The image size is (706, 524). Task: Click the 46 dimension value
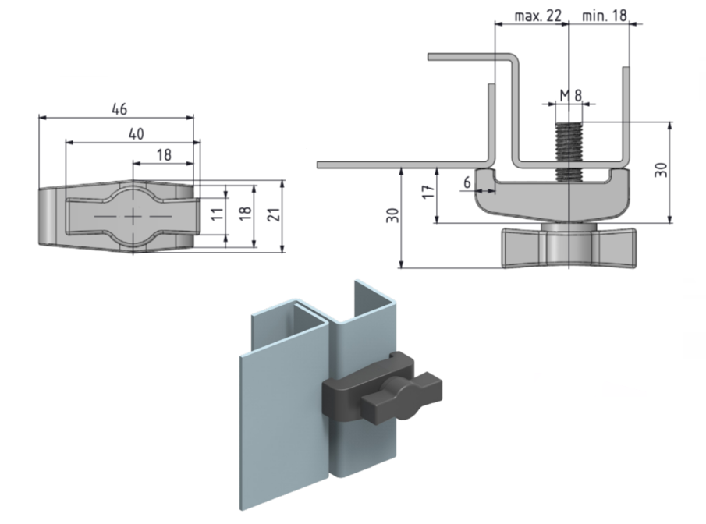(x=119, y=108)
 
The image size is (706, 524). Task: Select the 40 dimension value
(x=137, y=133)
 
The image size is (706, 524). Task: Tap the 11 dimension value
(x=216, y=211)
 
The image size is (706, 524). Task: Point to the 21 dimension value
(x=272, y=214)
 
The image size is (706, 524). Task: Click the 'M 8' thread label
(x=571, y=95)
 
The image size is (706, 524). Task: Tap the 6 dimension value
(x=467, y=182)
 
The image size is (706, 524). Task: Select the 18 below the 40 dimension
(x=163, y=154)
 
